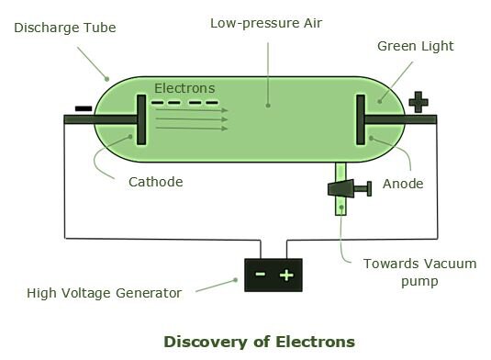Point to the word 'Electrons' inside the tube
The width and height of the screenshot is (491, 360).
(x=184, y=88)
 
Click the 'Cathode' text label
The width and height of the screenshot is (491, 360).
(x=155, y=182)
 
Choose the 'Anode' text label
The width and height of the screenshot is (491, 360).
(x=403, y=184)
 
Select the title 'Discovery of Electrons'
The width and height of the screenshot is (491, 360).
(x=259, y=342)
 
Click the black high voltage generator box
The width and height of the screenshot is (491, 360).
(x=273, y=274)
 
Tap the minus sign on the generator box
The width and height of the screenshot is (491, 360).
(x=261, y=274)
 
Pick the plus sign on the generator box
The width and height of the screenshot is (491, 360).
(x=286, y=274)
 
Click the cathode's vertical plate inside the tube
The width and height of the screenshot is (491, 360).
(x=141, y=118)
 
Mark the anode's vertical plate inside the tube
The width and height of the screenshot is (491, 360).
(x=360, y=118)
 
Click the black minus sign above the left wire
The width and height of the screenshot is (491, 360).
(x=83, y=108)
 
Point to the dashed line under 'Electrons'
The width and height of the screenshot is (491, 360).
(x=184, y=101)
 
